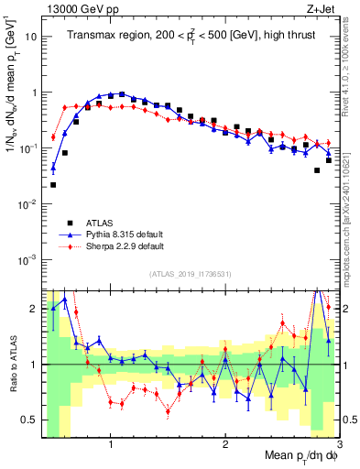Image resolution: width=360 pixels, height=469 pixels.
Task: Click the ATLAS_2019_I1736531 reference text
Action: point(190,275)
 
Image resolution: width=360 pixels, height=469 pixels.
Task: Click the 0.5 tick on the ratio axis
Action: point(29,420)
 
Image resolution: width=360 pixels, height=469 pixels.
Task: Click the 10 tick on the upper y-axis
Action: point(30,38)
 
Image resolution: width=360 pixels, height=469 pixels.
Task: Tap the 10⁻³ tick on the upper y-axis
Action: point(28,258)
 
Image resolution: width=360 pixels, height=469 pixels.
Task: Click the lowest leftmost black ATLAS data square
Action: point(53,185)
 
